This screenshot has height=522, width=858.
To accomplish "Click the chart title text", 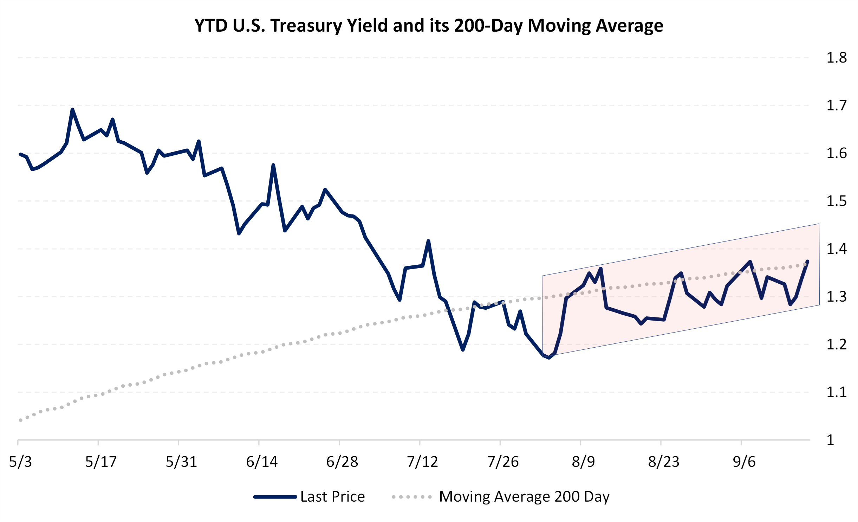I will pos(429,26).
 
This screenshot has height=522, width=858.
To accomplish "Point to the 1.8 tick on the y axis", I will pos(837,58).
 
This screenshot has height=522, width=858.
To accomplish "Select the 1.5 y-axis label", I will pos(837,201).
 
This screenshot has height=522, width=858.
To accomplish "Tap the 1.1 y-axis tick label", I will pos(837,392).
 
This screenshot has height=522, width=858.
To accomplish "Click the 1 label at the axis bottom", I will pos(830,440).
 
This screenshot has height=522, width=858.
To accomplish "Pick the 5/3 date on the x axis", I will pos(20,462).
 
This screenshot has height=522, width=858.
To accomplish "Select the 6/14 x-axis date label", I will pos(262,462).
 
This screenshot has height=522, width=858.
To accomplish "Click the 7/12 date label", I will pos(422,462).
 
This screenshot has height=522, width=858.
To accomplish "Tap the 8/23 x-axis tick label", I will pos(664,462).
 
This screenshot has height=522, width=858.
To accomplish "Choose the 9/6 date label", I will pos(744,462).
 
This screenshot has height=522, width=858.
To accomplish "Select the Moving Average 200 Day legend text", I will pos(524,497).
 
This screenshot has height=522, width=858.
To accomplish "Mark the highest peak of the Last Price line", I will pos(72,109).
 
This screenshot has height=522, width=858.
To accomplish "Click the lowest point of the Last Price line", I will pos(549,358).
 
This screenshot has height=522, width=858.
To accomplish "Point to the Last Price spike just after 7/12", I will pos(428,241).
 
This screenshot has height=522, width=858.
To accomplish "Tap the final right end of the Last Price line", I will pos(808,261).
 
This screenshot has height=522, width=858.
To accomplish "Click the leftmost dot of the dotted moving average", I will pos(20,420).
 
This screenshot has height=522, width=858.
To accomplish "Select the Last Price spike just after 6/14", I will pos(273,165).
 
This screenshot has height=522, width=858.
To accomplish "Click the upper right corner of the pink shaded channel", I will pos(819,224).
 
